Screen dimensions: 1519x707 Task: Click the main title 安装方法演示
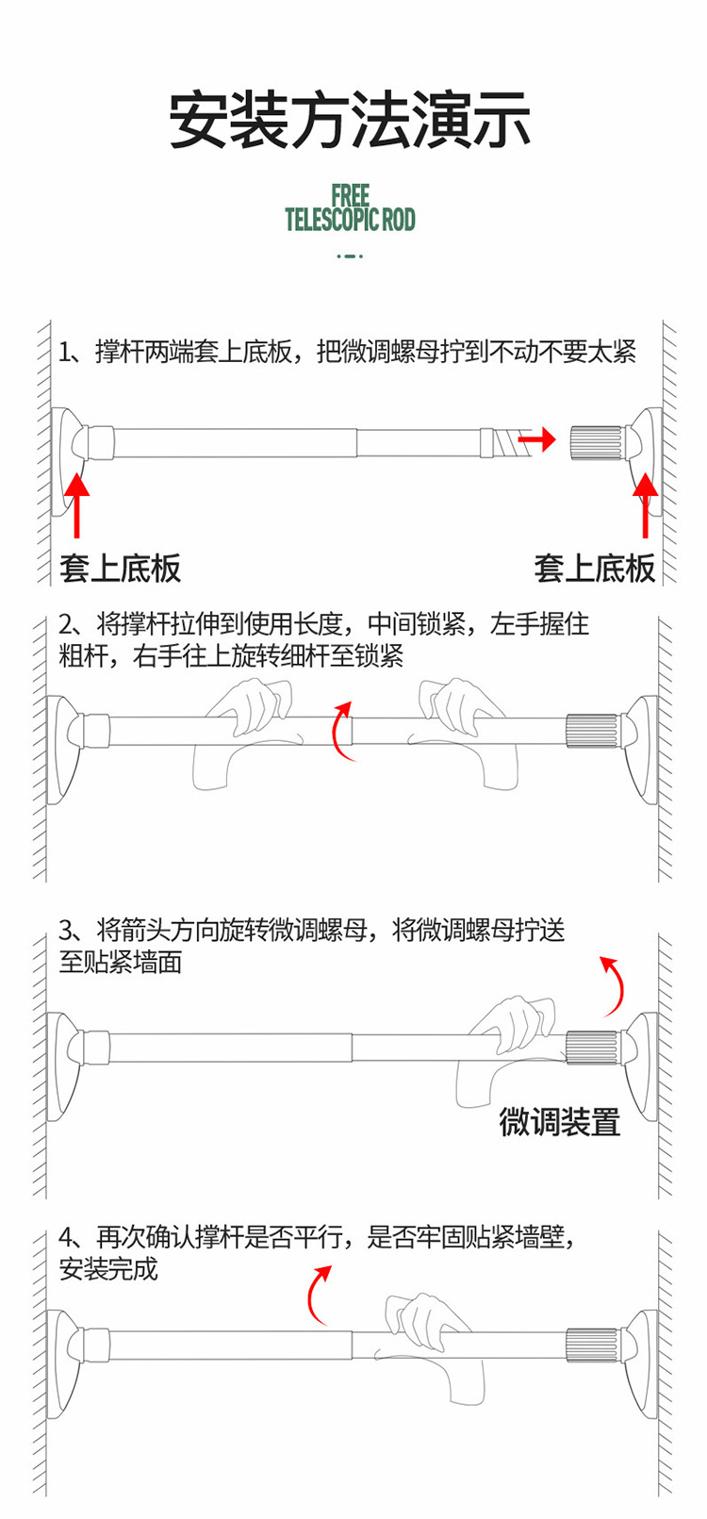click(x=350, y=120)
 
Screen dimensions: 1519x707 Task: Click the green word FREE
click(x=350, y=196)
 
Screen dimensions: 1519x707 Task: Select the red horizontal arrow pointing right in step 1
click(x=537, y=439)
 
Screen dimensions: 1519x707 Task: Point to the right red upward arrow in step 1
click(x=646, y=504)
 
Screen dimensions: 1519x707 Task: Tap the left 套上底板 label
click(x=120, y=569)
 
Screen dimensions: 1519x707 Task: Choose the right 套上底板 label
click(x=594, y=569)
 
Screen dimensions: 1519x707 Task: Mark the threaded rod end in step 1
click(x=503, y=441)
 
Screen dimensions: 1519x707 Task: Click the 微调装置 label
click(x=560, y=1122)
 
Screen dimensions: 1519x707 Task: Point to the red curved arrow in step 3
click(x=615, y=985)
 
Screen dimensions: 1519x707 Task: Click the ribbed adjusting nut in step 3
click(x=592, y=1048)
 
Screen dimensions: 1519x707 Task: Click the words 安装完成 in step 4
click(x=108, y=1269)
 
